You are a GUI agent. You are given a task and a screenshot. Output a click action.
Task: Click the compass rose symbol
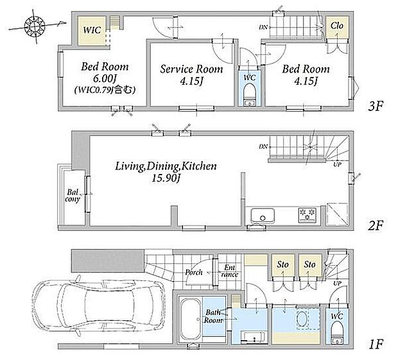point(35,26)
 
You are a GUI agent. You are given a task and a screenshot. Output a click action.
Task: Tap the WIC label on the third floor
point(92,30)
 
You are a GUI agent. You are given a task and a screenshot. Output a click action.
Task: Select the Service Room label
point(191,69)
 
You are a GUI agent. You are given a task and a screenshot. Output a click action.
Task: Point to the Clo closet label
point(337,26)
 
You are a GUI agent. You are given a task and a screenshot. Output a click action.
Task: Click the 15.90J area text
point(166,178)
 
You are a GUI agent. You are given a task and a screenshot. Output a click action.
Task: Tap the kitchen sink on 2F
point(263,216)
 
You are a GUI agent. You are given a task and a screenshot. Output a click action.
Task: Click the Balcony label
point(73,195)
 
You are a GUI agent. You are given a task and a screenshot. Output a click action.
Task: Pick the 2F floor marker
point(376,225)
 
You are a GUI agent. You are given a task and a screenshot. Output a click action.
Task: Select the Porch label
point(194,272)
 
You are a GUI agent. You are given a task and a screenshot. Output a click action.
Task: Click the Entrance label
point(230,271)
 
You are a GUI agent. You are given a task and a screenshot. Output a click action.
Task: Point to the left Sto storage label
point(282,264)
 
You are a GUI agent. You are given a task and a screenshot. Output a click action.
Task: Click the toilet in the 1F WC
point(337,331)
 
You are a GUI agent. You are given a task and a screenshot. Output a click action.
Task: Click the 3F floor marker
point(376,106)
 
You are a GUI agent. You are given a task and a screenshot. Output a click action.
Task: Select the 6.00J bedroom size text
point(105,79)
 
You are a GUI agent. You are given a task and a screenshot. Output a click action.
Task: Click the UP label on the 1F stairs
point(337,283)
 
